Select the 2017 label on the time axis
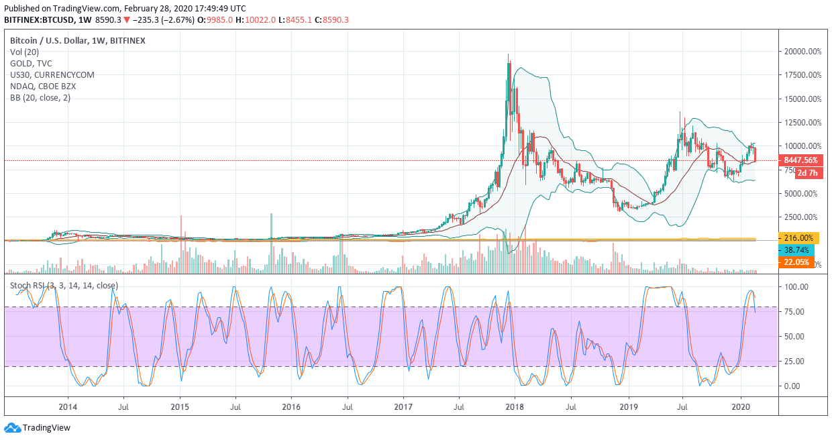(x=403, y=406)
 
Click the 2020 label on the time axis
(x=740, y=406)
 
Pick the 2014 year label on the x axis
(x=67, y=406)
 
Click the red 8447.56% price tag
(x=800, y=160)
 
